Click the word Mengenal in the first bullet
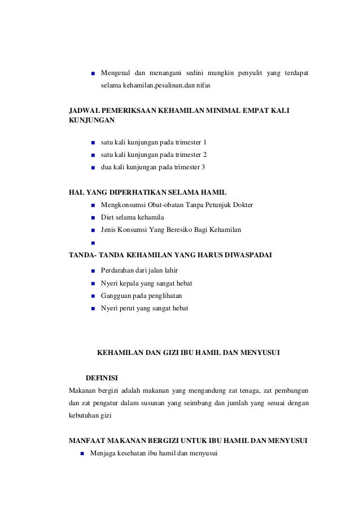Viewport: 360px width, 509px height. pyautogui.click(x=116, y=73)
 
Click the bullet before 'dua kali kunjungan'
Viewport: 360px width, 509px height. pyautogui.click(x=92, y=168)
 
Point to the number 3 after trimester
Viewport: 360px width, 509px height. pyautogui.click(x=204, y=168)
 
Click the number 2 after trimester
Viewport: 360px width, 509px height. pyautogui.click(x=205, y=155)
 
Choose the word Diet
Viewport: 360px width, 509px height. pyautogui.click(x=107, y=217)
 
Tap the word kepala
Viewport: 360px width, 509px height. pyautogui.click(x=128, y=283)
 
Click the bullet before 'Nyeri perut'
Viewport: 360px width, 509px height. pyautogui.click(x=92, y=309)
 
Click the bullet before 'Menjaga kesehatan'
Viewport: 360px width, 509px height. pyautogui.click(x=82, y=454)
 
